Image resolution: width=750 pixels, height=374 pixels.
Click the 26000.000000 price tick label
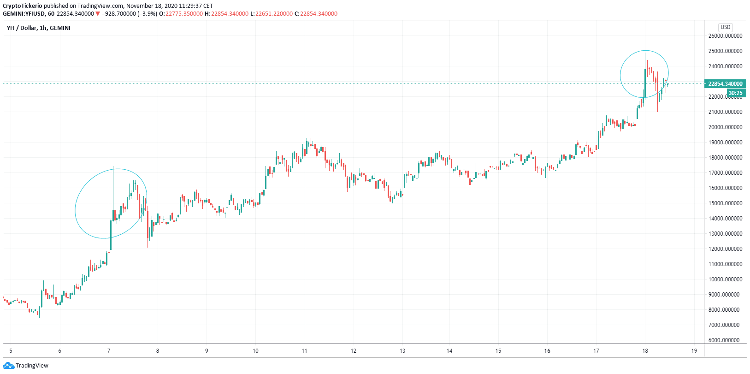tap(725, 36)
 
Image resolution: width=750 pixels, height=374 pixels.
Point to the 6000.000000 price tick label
tap(725, 340)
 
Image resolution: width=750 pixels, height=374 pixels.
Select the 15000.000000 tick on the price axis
tap(725, 203)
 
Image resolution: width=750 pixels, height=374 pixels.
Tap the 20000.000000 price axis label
tap(725, 127)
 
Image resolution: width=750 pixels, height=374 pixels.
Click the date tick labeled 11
tap(304, 351)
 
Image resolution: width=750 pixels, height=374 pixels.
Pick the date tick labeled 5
tap(11, 351)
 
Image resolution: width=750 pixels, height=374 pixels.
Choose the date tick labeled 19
tap(694, 351)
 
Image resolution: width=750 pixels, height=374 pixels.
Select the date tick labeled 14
tap(449, 351)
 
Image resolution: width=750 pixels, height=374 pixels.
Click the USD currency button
tap(726, 27)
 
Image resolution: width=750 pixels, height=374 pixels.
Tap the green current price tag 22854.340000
tap(725, 84)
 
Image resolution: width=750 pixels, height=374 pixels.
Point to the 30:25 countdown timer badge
tap(735, 93)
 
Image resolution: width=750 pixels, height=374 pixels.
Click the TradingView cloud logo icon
tap(8, 366)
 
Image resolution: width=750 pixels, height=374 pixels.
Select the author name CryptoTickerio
tap(22, 6)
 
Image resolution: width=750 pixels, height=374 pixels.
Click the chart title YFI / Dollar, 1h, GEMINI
tap(39, 28)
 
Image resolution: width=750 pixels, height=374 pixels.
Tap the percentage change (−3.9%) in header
tap(148, 14)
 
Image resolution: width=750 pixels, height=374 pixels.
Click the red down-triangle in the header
tap(98, 14)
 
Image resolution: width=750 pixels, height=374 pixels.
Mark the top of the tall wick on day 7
tap(113, 166)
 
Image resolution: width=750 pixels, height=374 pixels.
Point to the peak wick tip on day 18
tap(645, 53)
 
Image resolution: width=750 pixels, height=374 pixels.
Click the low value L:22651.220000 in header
tap(272, 14)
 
